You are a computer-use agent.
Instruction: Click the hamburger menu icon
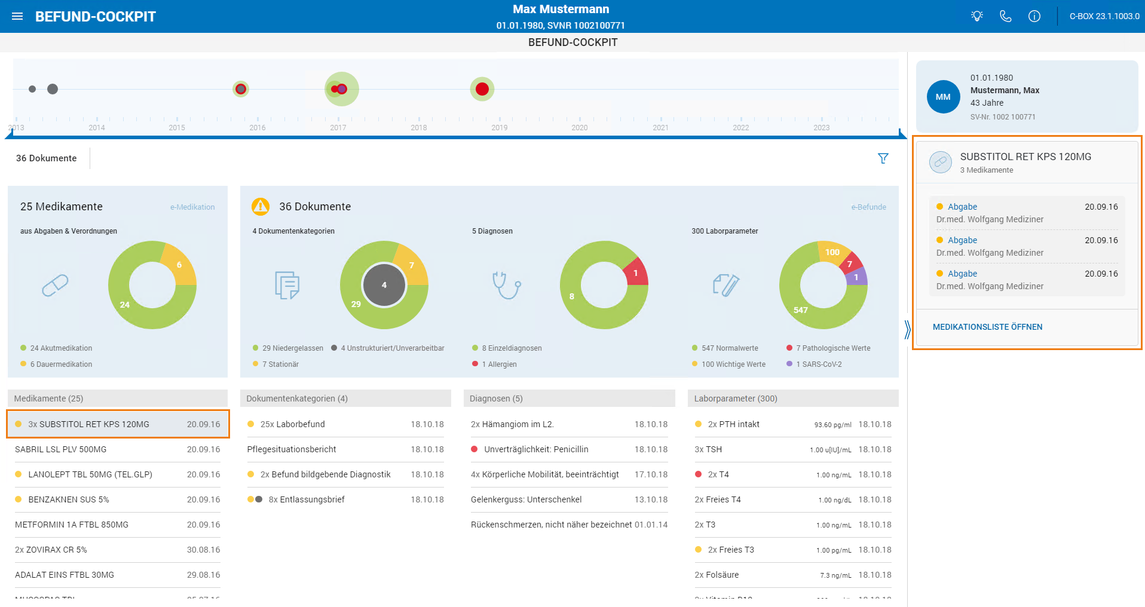point(17,16)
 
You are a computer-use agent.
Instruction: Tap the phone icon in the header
point(1006,16)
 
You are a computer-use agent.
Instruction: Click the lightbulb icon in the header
point(977,16)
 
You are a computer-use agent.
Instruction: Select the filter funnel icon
point(883,158)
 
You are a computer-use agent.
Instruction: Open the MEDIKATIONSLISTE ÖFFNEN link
point(987,327)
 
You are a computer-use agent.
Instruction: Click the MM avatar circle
point(943,97)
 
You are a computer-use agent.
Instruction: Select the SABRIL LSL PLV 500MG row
point(118,449)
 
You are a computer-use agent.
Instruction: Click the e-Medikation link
point(192,207)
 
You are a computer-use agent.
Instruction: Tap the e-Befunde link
point(869,207)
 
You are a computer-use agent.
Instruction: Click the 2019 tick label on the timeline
point(500,128)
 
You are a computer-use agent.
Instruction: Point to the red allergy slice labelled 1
point(635,272)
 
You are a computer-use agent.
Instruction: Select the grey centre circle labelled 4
point(384,285)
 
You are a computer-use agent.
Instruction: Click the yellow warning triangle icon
point(261,206)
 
